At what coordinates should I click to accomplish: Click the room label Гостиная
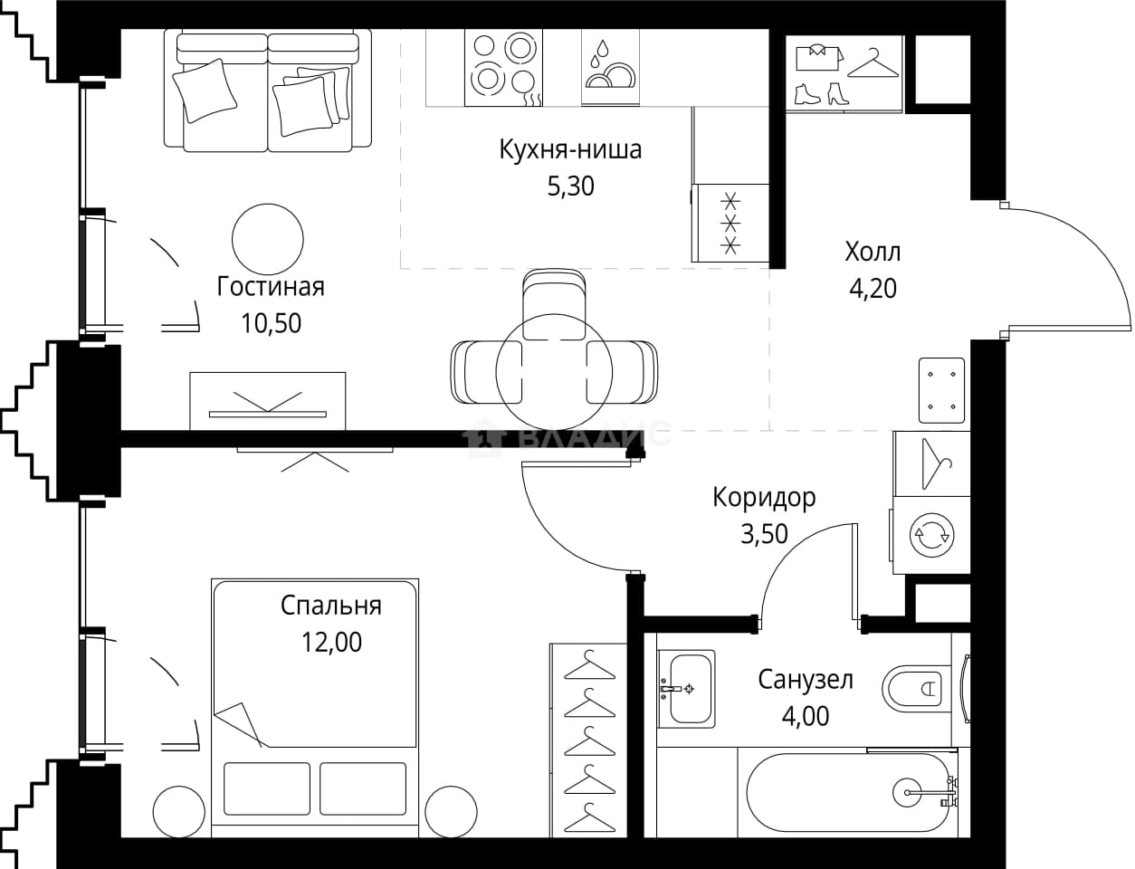[271, 287]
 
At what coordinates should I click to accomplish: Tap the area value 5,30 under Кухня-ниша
[570, 186]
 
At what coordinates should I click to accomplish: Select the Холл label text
[873, 253]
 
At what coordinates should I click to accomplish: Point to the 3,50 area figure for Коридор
[764, 534]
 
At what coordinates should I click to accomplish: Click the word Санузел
[806, 680]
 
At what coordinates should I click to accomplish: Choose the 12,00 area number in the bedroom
[331, 643]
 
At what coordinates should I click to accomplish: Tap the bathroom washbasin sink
[686, 689]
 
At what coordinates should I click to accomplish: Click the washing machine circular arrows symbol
[931, 535]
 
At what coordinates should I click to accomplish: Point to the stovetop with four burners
[503, 67]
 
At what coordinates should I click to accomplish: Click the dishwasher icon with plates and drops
[610, 66]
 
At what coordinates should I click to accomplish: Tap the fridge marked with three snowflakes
[730, 223]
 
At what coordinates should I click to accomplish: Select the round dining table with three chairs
[554, 372]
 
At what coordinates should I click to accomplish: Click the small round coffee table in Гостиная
[267, 239]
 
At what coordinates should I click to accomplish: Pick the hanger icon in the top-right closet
[873, 63]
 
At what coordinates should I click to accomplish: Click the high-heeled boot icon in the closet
[837, 93]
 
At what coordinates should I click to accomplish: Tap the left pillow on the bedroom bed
[267, 788]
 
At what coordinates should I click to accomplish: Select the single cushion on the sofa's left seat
[205, 91]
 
